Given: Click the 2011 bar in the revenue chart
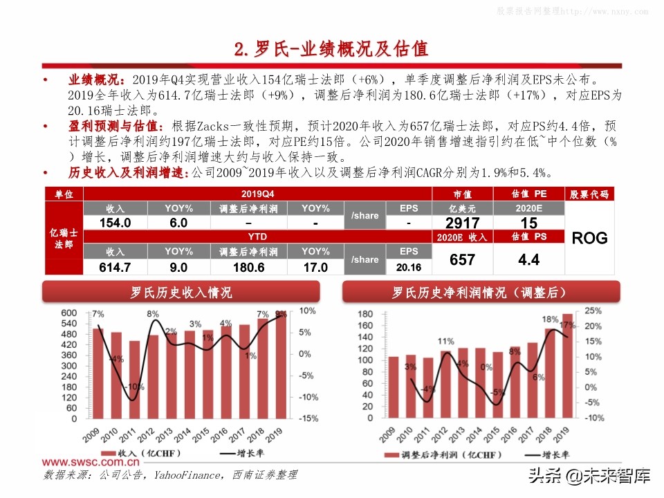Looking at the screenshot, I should (134, 379).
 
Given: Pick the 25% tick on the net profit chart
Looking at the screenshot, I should (593, 312).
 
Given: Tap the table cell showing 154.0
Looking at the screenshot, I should (115, 223).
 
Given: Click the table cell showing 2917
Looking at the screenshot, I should (462, 223).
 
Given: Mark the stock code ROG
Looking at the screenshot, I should (589, 239).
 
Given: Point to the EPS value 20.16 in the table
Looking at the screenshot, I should (409, 267).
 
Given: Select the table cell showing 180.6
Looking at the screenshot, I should (248, 267).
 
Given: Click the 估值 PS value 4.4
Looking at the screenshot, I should (528, 260).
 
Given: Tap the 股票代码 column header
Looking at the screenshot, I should (589, 194).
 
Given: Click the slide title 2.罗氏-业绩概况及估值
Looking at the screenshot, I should (331, 49).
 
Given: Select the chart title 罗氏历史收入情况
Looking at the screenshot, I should (182, 293).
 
